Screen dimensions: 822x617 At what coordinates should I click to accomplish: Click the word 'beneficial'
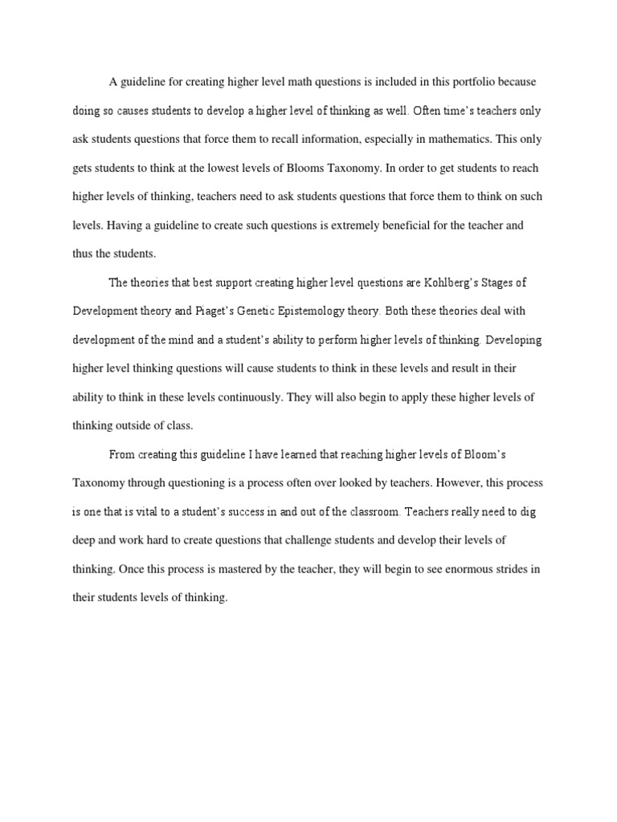[411, 226]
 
